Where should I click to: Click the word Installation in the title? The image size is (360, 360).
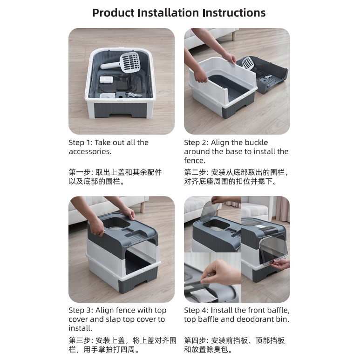[x=168, y=13]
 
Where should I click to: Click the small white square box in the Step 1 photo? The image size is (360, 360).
[x=106, y=80]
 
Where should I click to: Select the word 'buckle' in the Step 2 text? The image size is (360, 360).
[x=258, y=143]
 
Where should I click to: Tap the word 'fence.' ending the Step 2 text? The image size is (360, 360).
[x=195, y=161]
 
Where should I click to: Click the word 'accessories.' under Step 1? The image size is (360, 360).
[x=90, y=151]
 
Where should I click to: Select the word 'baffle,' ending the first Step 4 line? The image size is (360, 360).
[x=278, y=311]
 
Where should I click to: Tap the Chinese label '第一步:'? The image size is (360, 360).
[x=81, y=172]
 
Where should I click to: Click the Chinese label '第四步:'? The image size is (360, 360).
[x=196, y=340]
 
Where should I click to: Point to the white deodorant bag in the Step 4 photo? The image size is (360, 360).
[x=203, y=295]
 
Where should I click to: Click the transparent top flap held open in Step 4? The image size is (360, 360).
[x=210, y=211]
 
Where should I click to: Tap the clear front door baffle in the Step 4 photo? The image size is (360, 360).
[x=274, y=250]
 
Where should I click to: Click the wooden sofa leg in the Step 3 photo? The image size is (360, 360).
[x=143, y=207]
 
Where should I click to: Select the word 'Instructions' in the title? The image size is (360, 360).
[x=234, y=13]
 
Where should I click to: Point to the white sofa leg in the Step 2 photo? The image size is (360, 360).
[x=234, y=36]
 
